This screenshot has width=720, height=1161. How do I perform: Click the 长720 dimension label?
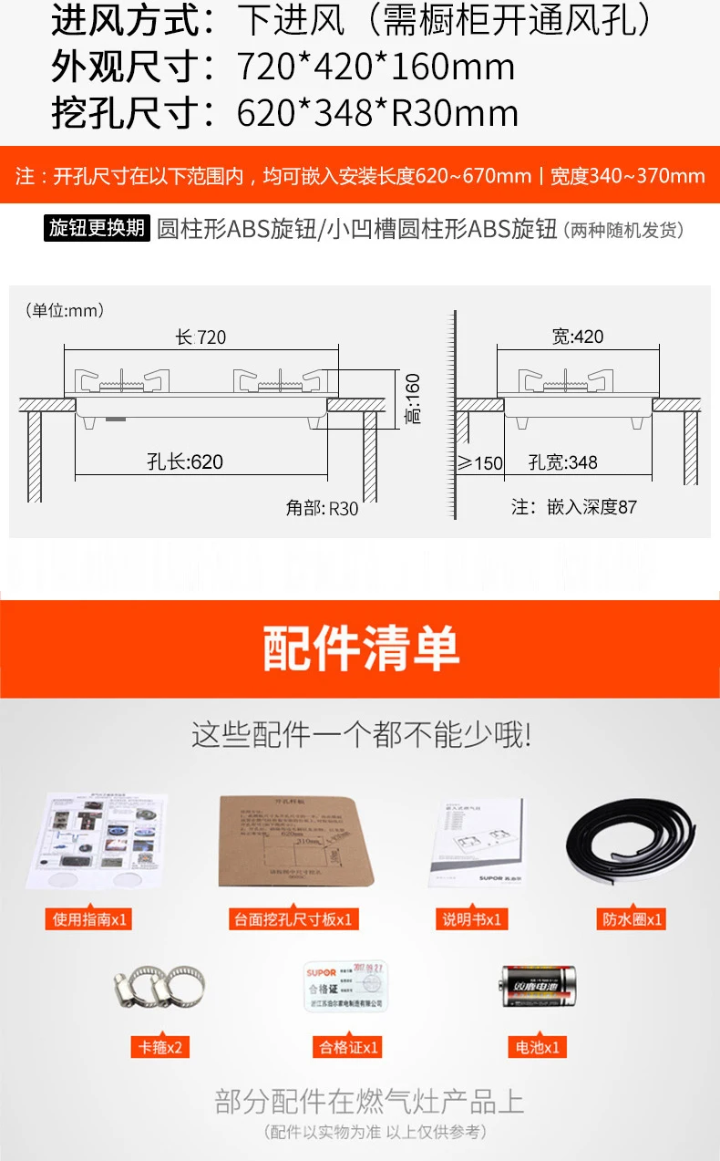(201, 337)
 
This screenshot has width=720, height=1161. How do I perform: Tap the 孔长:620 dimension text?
(185, 461)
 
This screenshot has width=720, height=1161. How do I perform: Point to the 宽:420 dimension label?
(578, 337)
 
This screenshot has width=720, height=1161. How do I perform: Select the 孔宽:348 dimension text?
(563, 462)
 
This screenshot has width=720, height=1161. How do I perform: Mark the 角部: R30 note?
(323, 509)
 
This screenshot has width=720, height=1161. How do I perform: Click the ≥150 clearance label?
(480, 463)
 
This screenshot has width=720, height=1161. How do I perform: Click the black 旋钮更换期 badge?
(97, 228)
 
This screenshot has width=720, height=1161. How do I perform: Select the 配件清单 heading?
(361, 648)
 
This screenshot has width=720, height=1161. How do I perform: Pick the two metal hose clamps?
(159, 988)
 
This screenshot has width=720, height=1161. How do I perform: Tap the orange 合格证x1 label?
(346, 1046)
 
